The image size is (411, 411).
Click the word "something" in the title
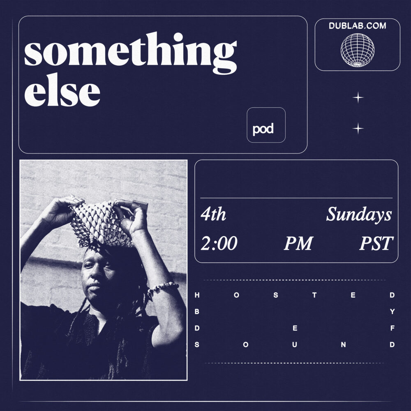[x=131, y=53]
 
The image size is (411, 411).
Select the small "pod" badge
[x=266, y=125]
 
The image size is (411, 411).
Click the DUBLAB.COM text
[x=357, y=25]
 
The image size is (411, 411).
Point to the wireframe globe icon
[x=357, y=50]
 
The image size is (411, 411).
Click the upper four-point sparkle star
[x=358, y=97]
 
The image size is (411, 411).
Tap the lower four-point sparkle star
[x=358, y=128]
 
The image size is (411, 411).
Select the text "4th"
[x=213, y=214]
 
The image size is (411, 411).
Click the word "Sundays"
[x=359, y=215]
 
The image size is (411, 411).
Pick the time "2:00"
[x=219, y=243]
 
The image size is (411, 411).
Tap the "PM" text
[x=298, y=243]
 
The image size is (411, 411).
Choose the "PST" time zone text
[x=376, y=243]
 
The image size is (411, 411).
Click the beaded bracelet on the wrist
[x=162, y=286]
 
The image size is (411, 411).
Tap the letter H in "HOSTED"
[x=197, y=295]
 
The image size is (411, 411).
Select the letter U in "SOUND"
[x=295, y=345]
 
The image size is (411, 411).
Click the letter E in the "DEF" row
[x=295, y=328]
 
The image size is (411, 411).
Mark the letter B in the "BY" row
[x=197, y=312]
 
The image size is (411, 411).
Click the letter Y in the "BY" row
[x=392, y=312]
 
